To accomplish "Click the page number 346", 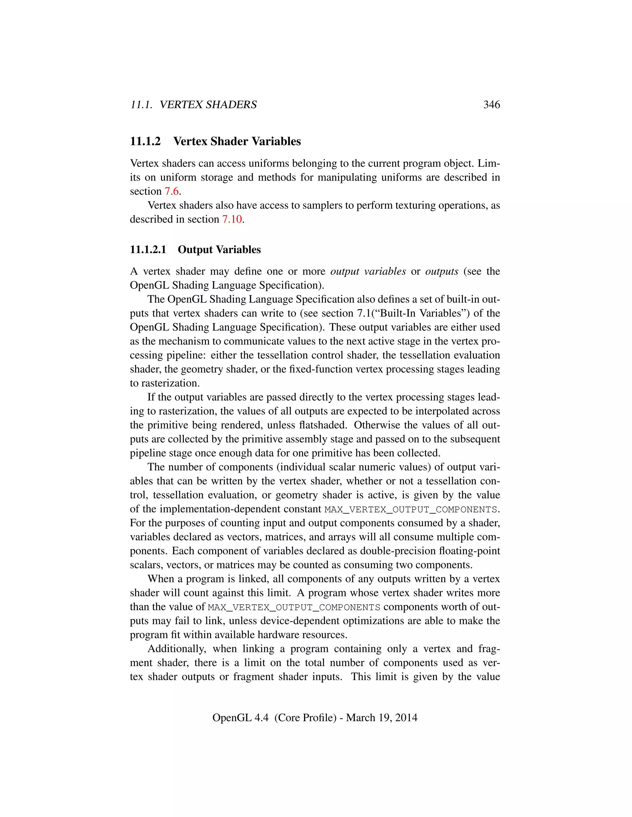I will click(x=491, y=105).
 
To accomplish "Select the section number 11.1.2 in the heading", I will click(x=145, y=142).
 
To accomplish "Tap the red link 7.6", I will click(x=172, y=191).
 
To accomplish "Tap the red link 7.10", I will click(x=232, y=219).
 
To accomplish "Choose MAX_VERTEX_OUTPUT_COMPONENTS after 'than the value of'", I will click(x=294, y=607).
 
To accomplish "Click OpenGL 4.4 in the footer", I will click(x=240, y=717).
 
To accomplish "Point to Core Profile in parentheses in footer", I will click(x=305, y=717).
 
